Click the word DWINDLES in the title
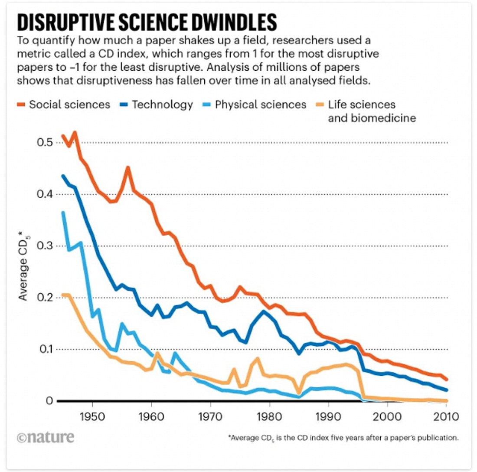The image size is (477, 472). pyautogui.click(x=229, y=22)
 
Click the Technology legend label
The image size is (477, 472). pyautogui.click(x=162, y=105)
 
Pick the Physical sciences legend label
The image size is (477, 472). pyautogui.click(x=260, y=105)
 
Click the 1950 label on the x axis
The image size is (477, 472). pyautogui.click(x=92, y=418)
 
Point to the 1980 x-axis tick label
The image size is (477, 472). pyautogui.click(x=270, y=418)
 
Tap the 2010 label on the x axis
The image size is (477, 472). pyautogui.click(x=447, y=418)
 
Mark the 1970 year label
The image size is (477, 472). pyautogui.click(x=210, y=418)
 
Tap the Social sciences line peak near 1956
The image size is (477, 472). pyautogui.click(x=128, y=167)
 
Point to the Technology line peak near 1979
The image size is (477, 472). pyautogui.click(x=264, y=311)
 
